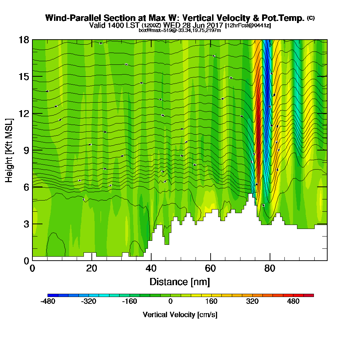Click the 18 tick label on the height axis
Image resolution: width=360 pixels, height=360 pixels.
coord(24,40)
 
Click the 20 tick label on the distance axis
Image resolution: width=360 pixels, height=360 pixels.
coord(92,268)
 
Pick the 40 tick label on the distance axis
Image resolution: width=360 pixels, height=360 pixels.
coord(151,268)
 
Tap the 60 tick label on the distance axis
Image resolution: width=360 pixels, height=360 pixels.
coord(210,268)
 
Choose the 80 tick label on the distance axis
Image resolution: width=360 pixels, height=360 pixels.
coord(270,268)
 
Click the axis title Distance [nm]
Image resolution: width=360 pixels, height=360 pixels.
coord(180,281)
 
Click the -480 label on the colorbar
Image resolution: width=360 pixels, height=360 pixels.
coord(48,302)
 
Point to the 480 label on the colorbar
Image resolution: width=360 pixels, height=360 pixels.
coord(293,302)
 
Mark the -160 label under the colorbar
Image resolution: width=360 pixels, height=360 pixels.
coord(130,302)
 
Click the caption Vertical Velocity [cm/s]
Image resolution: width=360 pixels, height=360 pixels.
coord(180,315)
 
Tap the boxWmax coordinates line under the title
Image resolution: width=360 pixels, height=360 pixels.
coord(180,30)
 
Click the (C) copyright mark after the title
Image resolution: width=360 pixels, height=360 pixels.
coord(311,18)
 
